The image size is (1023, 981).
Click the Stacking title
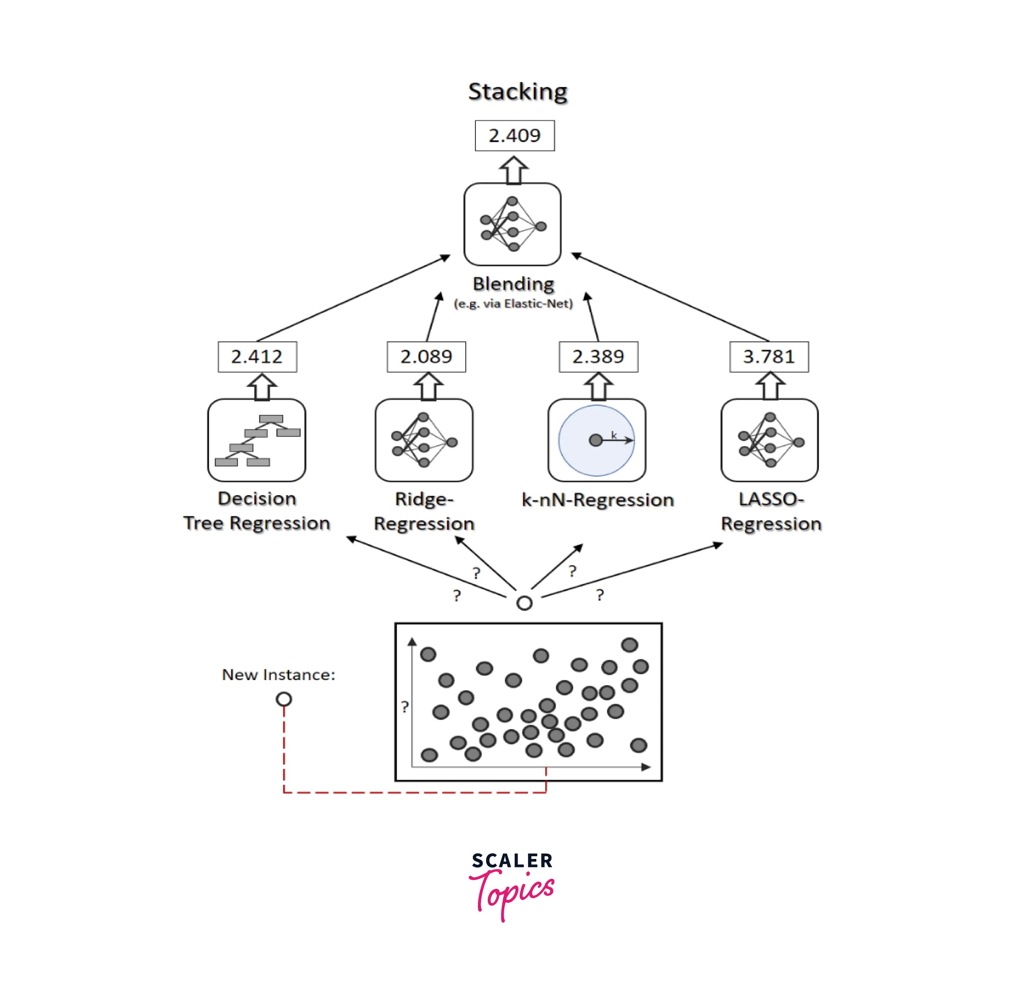click(x=517, y=92)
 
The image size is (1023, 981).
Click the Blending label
click(x=513, y=284)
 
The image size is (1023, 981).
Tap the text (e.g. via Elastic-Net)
click(x=513, y=304)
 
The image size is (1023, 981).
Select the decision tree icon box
click(x=257, y=440)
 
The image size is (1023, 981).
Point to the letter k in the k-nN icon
click(x=614, y=435)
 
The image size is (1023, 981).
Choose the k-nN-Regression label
click(x=598, y=500)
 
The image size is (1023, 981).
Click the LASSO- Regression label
click(x=771, y=511)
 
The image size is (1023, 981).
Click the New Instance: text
click(x=278, y=675)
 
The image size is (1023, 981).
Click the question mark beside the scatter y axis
click(x=405, y=707)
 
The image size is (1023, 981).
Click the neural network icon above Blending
click(x=512, y=224)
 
